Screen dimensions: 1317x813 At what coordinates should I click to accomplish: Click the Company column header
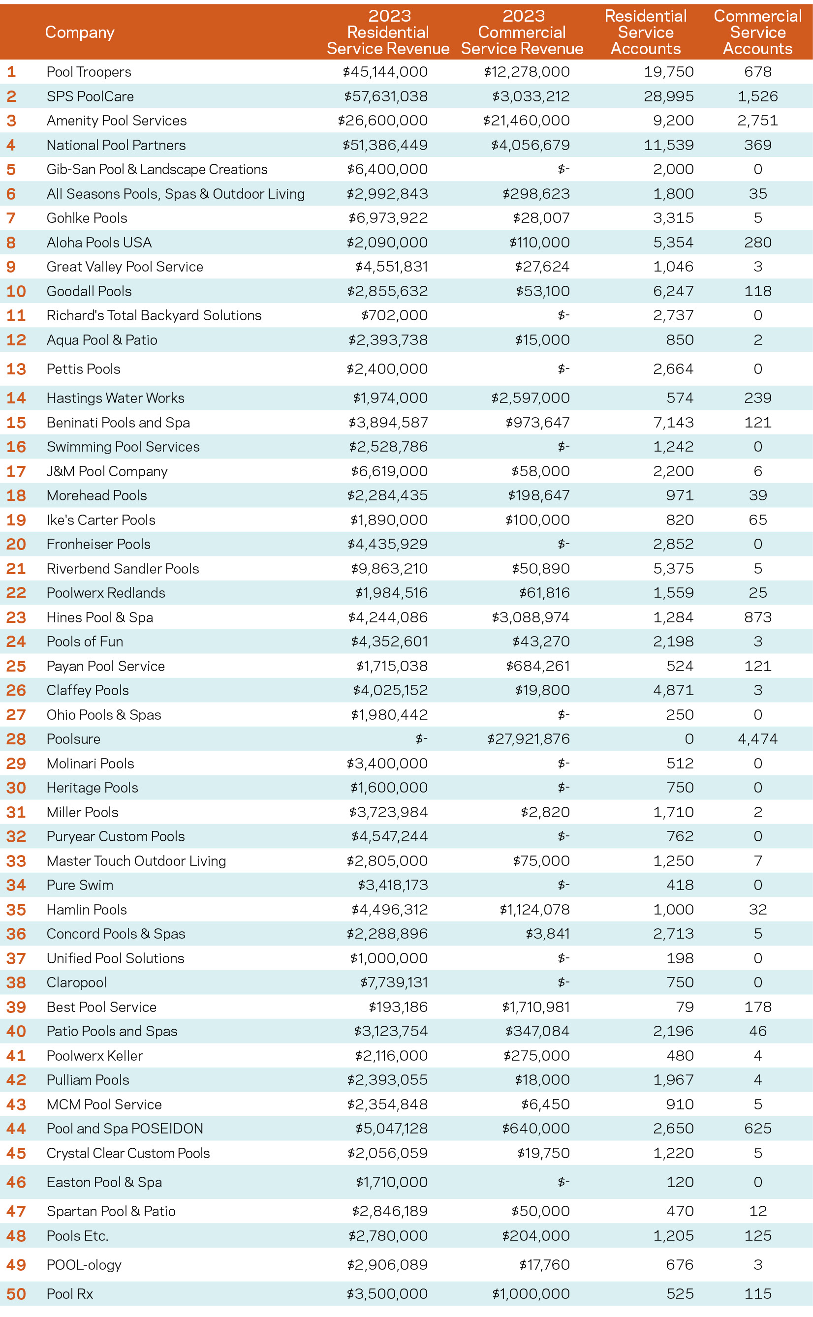pos(80,32)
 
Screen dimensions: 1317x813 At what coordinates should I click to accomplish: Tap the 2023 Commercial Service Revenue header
pos(522,32)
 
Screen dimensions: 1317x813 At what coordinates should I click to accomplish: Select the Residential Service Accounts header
pos(645,32)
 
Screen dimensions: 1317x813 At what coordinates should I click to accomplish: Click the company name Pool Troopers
pos(89,72)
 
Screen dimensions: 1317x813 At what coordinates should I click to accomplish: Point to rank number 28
pos(16,739)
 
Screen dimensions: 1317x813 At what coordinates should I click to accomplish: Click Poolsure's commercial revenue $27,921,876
pos(528,739)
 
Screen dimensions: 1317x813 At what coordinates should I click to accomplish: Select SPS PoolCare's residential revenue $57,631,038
pos(385,96)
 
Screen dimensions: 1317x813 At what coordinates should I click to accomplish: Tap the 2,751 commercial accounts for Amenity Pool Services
pos(757,121)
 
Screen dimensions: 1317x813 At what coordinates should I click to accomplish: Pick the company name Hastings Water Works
pos(115,398)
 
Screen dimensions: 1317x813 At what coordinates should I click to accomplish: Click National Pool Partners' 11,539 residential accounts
pos(668,145)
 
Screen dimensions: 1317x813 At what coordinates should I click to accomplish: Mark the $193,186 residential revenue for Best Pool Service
pos(398,1007)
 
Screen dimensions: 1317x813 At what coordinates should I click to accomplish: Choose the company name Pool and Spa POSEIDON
pos(125,1129)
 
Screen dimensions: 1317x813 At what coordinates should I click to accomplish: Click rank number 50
pos(16,1294)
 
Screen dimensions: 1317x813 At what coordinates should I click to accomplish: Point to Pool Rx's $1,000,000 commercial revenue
pos(530,1294)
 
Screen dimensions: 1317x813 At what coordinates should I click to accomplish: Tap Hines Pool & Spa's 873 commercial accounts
pos(757,617)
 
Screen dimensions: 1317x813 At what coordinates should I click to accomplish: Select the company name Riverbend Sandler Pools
pos(123,569)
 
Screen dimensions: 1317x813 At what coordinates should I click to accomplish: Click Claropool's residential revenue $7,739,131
pos(394,982)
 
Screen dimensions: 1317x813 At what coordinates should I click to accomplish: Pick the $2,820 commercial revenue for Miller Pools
pos(545,812)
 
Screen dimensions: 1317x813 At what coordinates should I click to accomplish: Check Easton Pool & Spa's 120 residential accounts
pos(680,1182)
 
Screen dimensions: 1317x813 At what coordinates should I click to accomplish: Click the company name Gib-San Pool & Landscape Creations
pos(156,169)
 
